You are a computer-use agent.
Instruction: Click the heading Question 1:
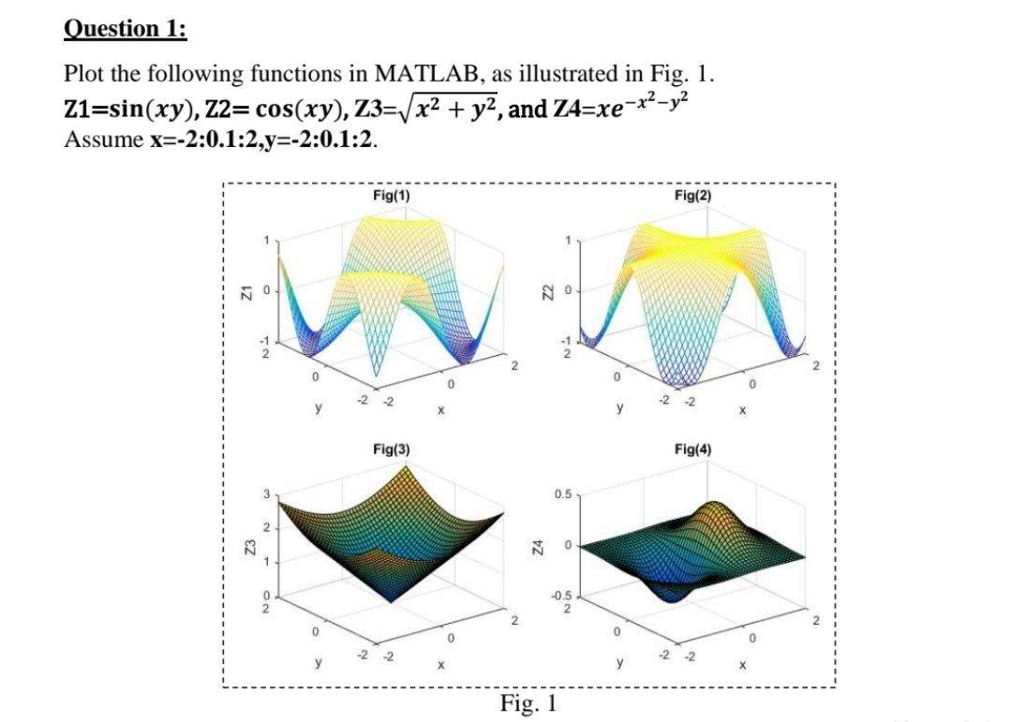click(x=125, y=29)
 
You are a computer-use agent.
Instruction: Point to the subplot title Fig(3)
click(x=389, y=449)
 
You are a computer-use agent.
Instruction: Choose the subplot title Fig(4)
click(x=692, y=449)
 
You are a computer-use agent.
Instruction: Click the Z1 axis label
click(x=242, y=294)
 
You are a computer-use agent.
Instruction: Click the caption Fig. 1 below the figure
click(x=529, y=702)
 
